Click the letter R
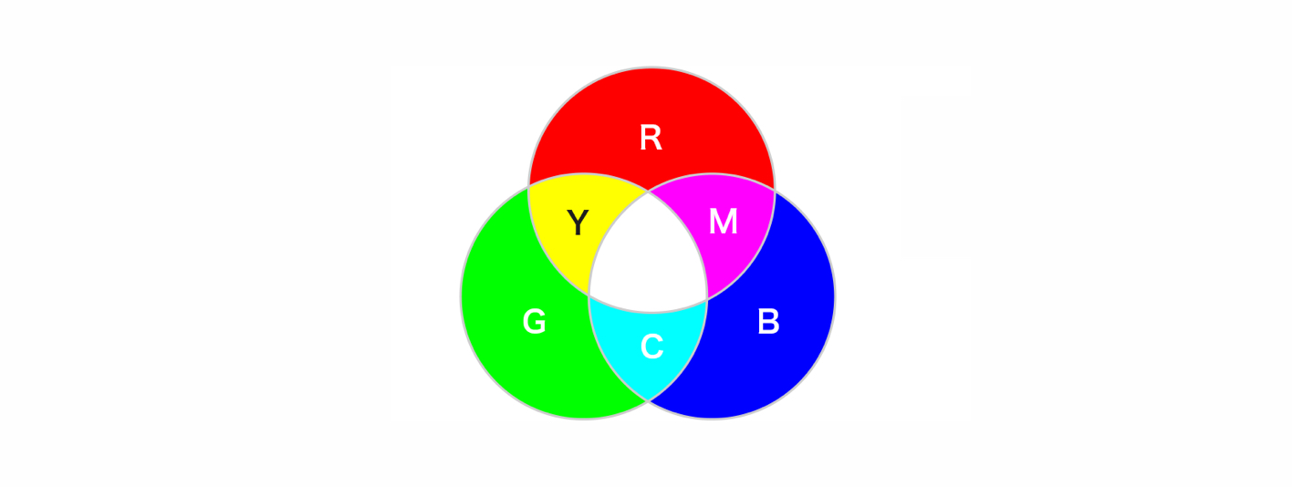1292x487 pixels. point(651,138)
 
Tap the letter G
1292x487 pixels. point(534,322)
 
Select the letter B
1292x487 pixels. point(768,322)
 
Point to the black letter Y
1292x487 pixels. point(578,223)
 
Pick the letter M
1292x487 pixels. point(723,223)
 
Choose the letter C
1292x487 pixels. point(651,347)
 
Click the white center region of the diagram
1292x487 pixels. point(649,260)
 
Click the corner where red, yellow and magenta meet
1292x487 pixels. point(649,192)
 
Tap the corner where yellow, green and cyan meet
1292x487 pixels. point(589,295)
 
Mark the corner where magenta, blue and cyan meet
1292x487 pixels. point(707,298)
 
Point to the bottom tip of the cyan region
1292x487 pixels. point(649,399)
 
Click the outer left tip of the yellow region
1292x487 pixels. point(529,187)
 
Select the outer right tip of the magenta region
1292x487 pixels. point(774,190)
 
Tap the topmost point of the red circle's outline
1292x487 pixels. point(651,68)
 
